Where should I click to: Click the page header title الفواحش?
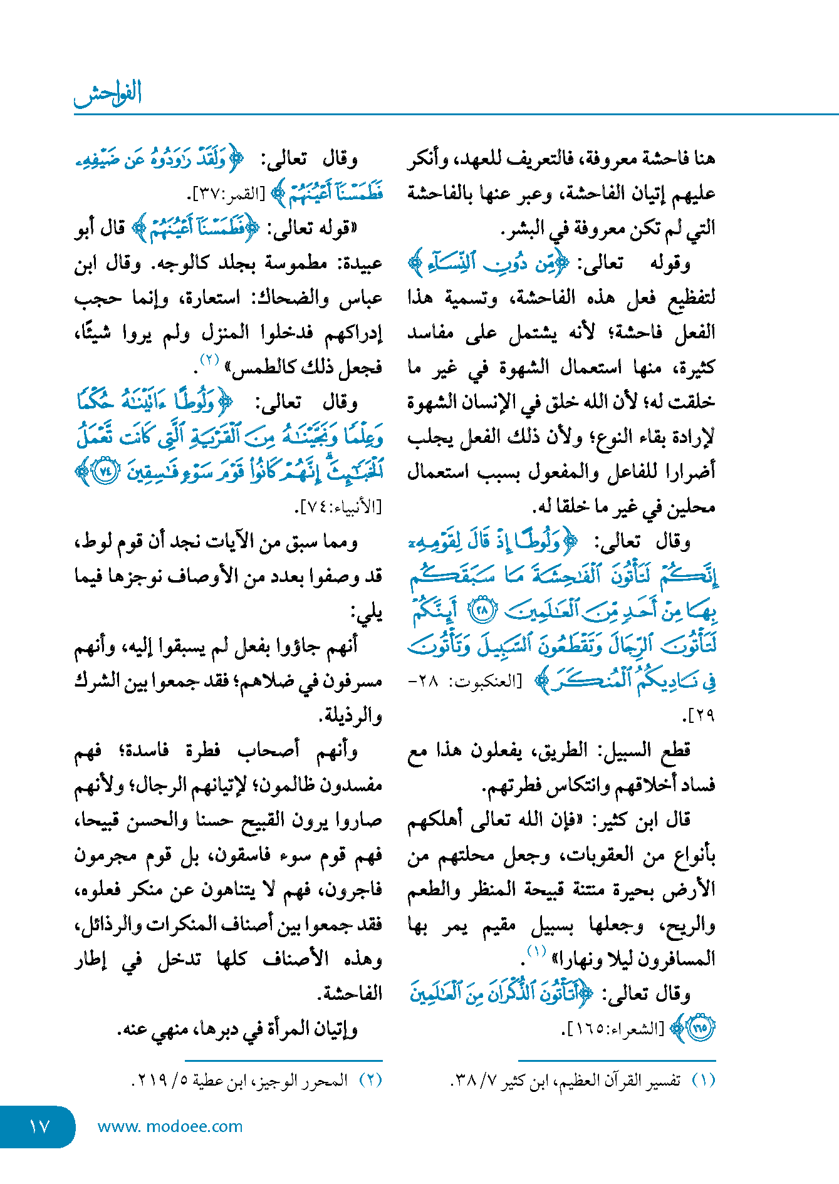(x=108, y=94)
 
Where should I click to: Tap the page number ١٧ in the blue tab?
(x=39, y=1126)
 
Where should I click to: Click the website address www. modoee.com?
(x=170, y=1126)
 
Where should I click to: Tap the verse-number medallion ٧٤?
(x=105, y=471)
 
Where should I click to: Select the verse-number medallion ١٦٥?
(x=701, y=1027)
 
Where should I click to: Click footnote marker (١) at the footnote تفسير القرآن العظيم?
(x=704, y=1081)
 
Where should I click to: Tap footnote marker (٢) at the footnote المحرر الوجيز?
(x=370, y=1081)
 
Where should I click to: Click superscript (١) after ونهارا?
(x=536, y=951)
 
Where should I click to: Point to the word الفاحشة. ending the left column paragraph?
(x=352, y=994)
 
